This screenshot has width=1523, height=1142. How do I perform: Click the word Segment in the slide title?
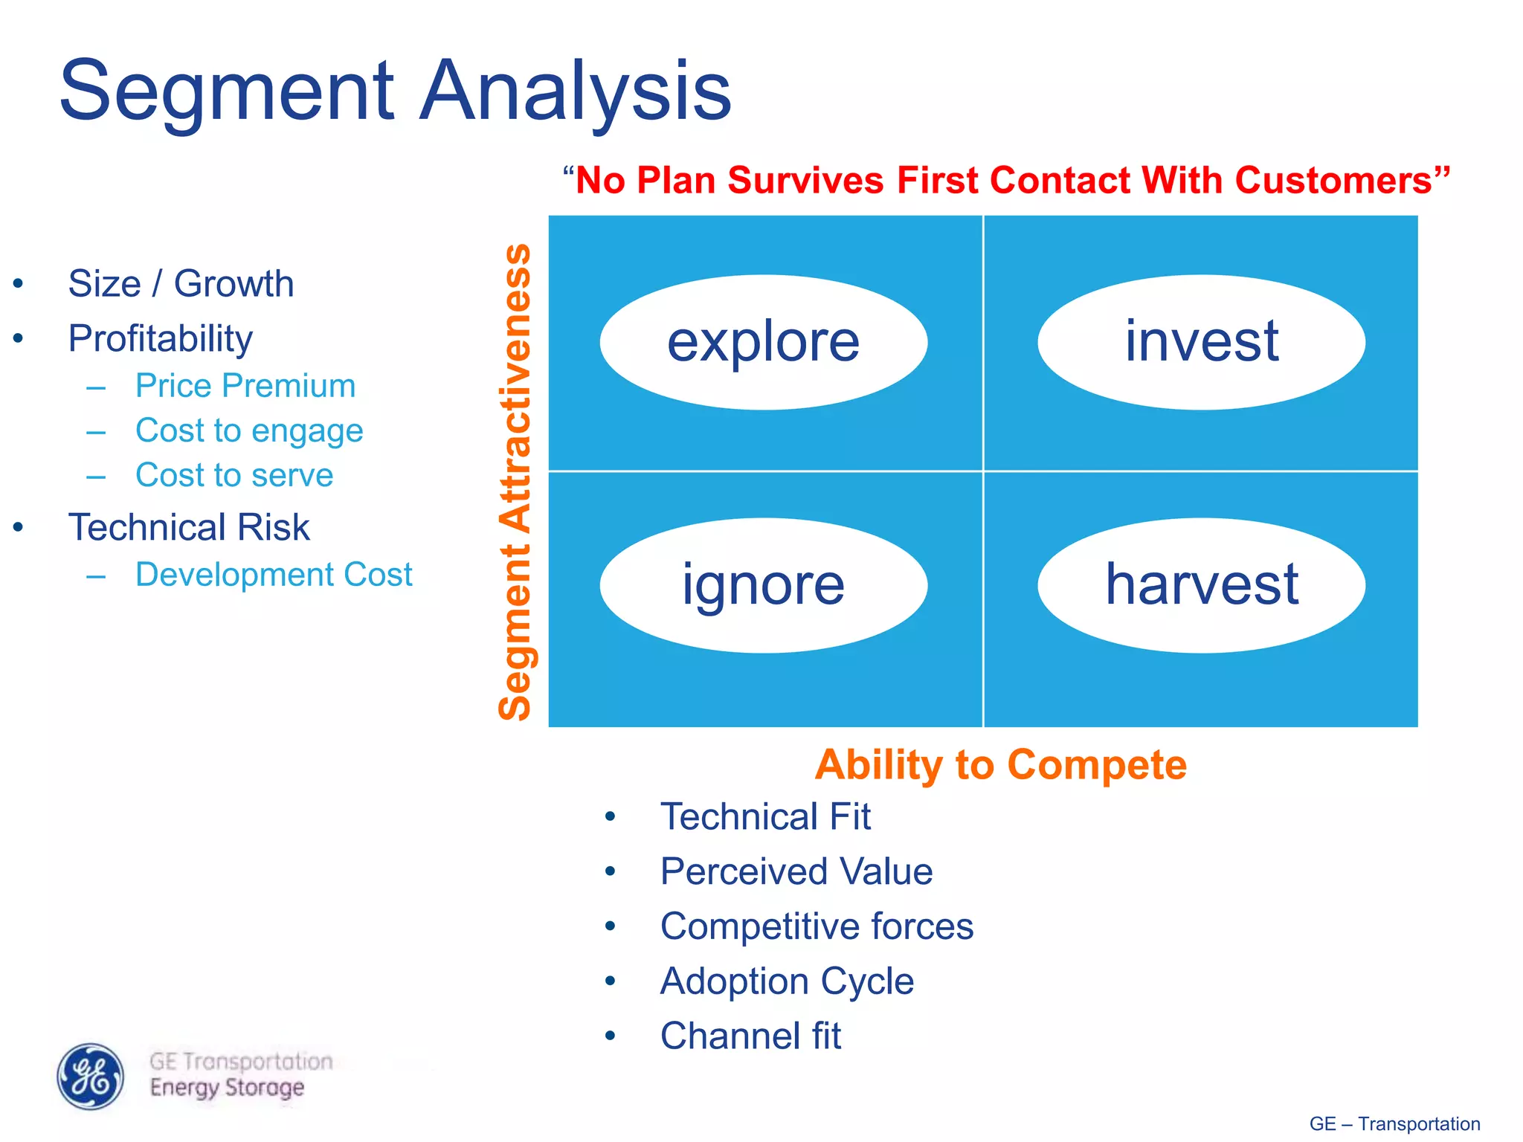click(x=227, y=91)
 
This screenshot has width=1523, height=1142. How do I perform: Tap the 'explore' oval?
click(x=763, y=342)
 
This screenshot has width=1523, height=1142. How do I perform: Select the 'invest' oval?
click(x=1201, y=342)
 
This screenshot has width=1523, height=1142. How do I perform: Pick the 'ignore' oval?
click(x=763, y=585)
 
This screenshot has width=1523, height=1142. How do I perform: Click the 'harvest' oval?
click(x=1201, y=585)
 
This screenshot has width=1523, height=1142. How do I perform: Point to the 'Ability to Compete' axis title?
click(x=1000, y=764)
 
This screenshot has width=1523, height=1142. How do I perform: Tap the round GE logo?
click(x=91, y=1076)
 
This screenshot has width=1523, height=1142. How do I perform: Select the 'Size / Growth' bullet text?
click(x=181, y=283)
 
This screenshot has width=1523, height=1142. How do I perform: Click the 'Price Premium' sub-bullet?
click(x=245, y=386)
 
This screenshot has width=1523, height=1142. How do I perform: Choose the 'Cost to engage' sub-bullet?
click(x=249, y=430)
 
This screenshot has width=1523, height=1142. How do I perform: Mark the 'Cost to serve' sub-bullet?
click(x=234, y=475)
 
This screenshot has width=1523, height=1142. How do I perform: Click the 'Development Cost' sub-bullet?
click(x=274, y=575)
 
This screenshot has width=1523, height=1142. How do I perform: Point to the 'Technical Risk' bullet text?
click(x=189, y=527)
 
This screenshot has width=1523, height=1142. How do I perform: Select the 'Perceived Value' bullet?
click(x=796, y=871)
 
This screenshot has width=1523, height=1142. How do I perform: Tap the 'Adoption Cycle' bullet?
click(x=787, y=981)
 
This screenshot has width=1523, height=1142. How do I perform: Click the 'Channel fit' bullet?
click(x=750, y=1036)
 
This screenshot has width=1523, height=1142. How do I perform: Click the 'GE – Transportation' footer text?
click(x=1394, y=1123)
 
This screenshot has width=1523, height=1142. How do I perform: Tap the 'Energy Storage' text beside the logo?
click(x=227, y=1088)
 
